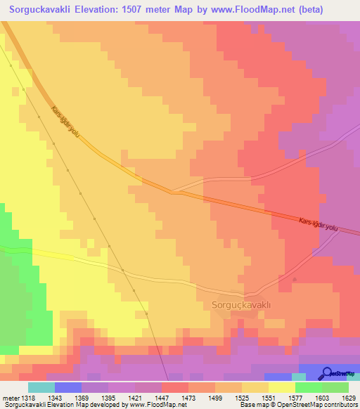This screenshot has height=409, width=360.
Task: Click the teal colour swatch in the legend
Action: [x=41, y=387]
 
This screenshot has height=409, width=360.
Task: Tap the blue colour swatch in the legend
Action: [x=68, y=387]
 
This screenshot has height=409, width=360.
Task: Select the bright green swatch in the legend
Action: [x=309, y=387]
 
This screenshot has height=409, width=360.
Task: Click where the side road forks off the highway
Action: [x=171, y=190]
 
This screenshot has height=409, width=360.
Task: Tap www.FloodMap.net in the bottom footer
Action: [x=160, y=405]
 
